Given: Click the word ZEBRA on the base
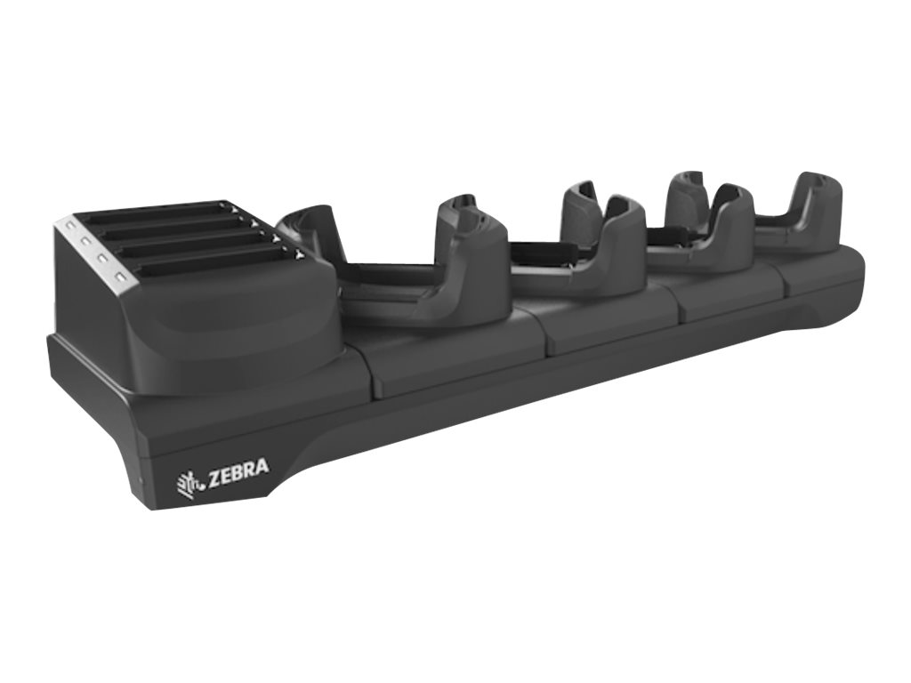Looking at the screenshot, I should (238, 470).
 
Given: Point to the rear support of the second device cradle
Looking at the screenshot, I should (579, 201).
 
